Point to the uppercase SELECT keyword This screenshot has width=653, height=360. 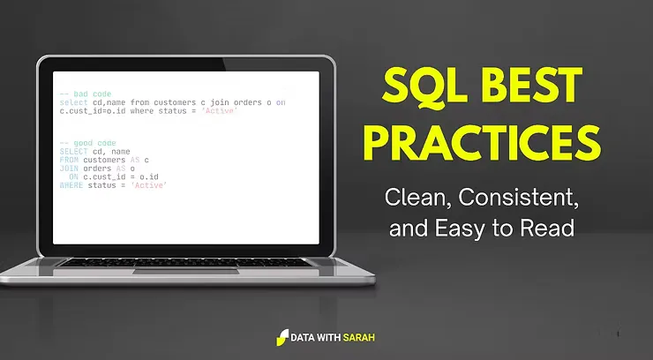click(74, 151)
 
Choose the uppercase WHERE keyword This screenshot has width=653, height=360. click(71, 186)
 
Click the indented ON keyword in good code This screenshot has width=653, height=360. click(73, 177)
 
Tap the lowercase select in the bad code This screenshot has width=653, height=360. click(74, 101)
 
